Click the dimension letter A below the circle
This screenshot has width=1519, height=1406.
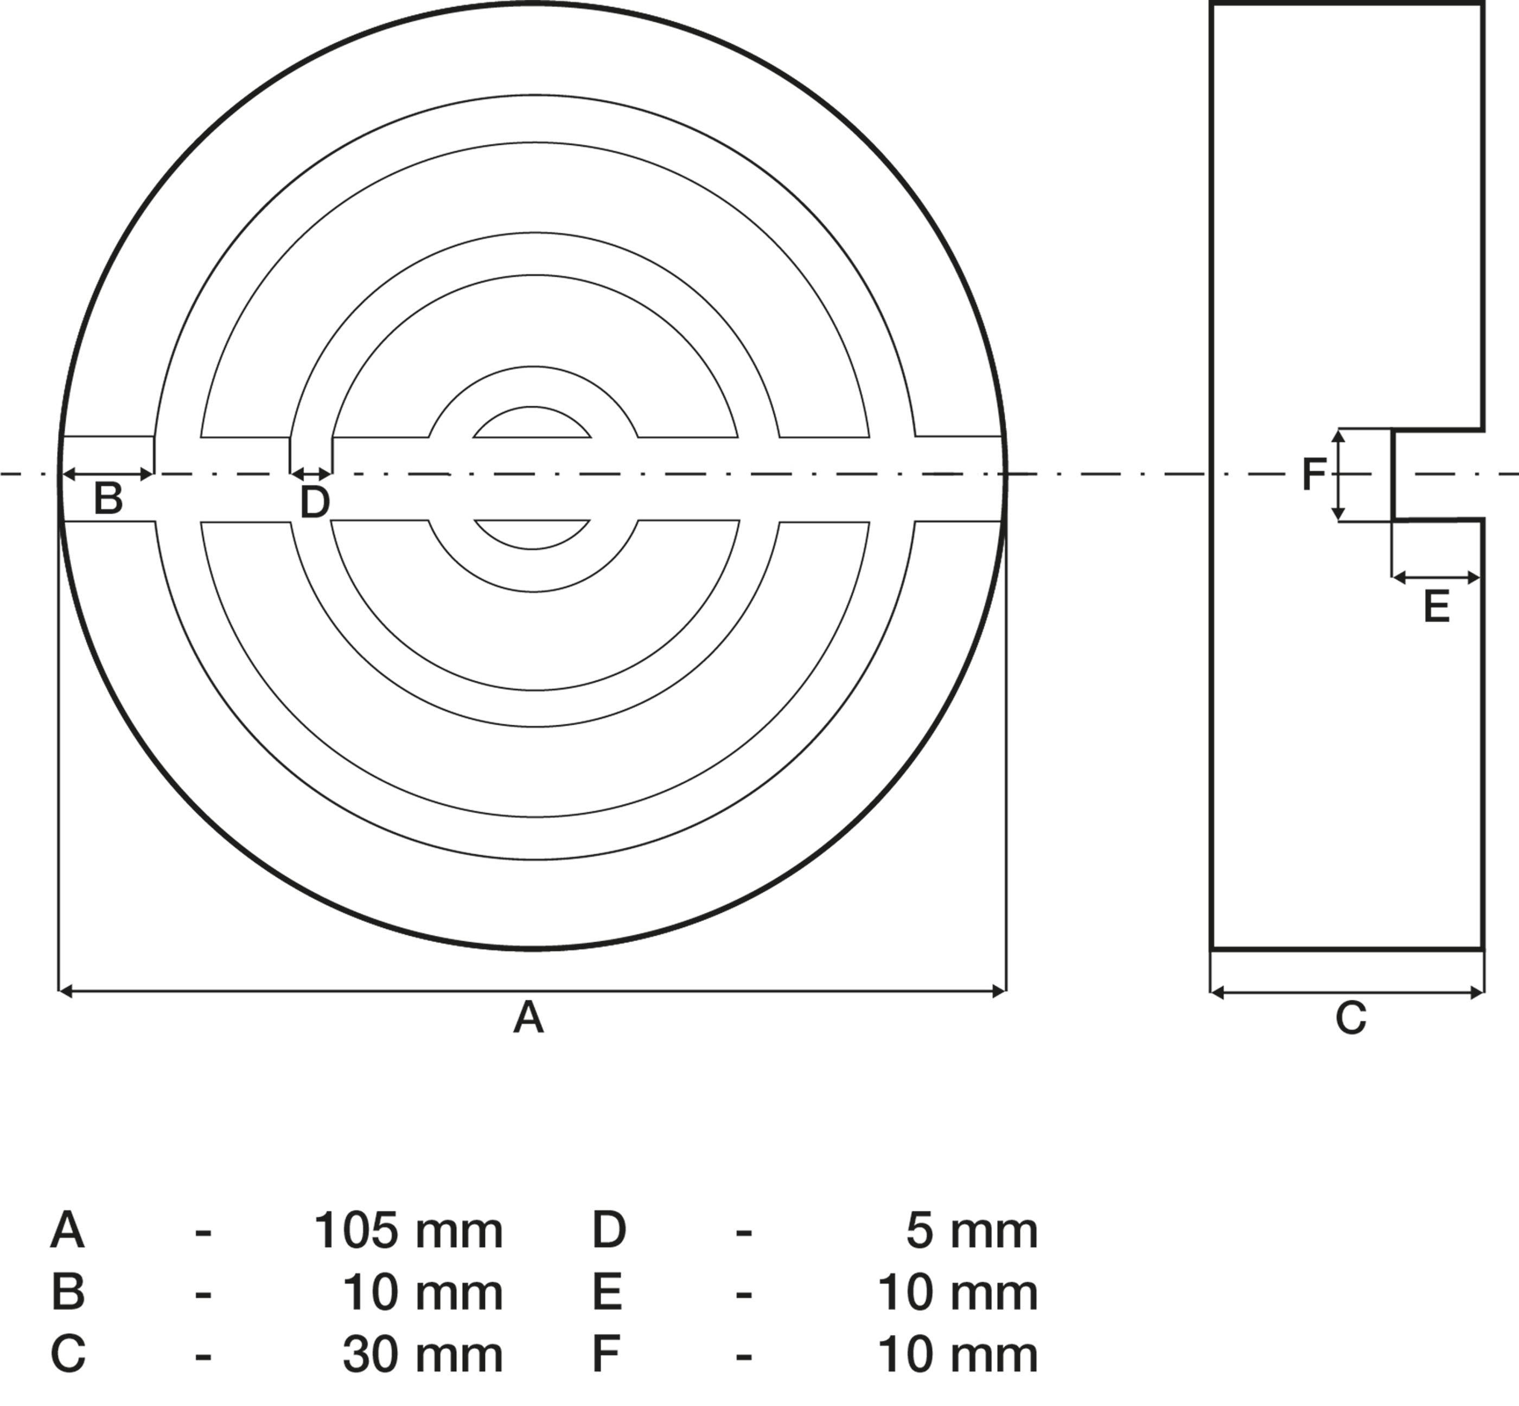tap(528, 1018)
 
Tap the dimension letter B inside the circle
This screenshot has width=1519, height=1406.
tap(107, 499)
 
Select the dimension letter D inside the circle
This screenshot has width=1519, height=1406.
tap(314, 502)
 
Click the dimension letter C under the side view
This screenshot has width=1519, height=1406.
tap(1351, 1019)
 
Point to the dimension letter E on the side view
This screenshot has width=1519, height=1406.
tap(1436, 608)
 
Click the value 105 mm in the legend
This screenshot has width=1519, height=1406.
tap(408, 1231)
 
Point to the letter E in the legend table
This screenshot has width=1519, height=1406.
tap(607, 1293)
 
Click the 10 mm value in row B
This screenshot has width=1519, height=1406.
tap(423, 1293)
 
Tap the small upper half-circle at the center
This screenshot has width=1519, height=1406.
tap(532, 425)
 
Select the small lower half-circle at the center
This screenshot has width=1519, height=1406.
tap(532, 533)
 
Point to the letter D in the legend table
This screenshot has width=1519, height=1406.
tap(609, 1231)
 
